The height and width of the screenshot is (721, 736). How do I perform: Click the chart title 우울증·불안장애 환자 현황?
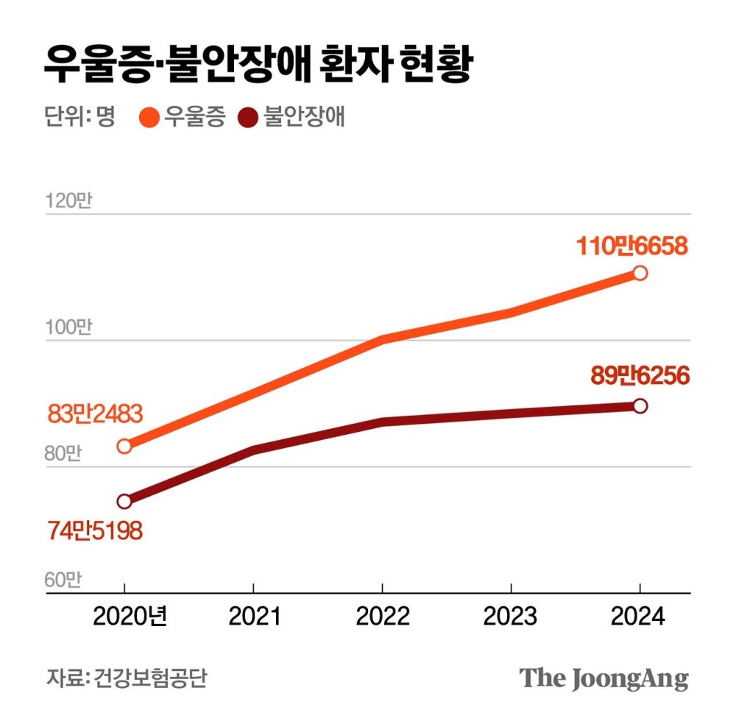[256, 65]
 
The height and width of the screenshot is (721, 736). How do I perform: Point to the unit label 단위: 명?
[79, 118]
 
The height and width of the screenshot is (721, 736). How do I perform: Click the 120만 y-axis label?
[68, 201]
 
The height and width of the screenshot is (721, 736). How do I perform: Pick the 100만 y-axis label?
[68, 327]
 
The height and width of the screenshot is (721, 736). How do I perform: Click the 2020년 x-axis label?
[130, 616]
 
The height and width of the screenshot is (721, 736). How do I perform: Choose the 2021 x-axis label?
[254, 616]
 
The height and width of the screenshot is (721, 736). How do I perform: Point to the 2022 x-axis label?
[383, 616]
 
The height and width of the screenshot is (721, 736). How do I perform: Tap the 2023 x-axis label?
[511, 616]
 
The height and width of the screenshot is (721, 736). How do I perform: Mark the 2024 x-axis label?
[639, 616]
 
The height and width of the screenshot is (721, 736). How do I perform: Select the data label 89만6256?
[640, 377]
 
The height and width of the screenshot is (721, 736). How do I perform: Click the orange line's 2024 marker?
[640, 273]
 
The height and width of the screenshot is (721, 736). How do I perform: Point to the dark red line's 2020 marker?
[124, 501]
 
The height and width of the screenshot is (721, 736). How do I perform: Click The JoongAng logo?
[604, 678]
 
